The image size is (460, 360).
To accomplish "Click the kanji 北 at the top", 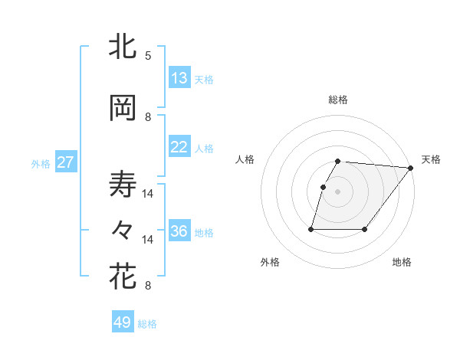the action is click(x=123, y=47).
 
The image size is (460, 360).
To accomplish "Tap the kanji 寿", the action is click(x=123, y=185).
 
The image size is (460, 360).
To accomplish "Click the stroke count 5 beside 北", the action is click(x=148, y=56).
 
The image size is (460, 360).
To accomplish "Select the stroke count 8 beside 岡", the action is click(x=148, y=117).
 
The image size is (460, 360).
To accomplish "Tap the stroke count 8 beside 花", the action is click(x=148, y=286).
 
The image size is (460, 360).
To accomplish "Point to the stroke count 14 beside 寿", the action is click(x=148, y=194).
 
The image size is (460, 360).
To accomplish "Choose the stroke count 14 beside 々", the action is click(x=148, y=240).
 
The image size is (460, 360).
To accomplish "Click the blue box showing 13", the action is click(x=179, y=79).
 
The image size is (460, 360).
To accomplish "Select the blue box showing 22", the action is click(x=179, y=148).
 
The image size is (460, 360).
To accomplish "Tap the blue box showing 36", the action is click(x=179, y=232).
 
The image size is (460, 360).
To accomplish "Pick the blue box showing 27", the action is click(x=66, y=162).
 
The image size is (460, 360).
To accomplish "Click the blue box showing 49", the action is click(x=123, y=322).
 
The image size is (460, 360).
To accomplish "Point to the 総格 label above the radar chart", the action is click(x=338, y=100).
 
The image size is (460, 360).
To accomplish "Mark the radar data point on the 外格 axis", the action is click(x=311, y=229).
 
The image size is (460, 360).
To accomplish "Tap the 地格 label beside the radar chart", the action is click(x=402, y=262).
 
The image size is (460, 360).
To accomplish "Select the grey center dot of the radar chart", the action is click(x=338, y=191).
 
